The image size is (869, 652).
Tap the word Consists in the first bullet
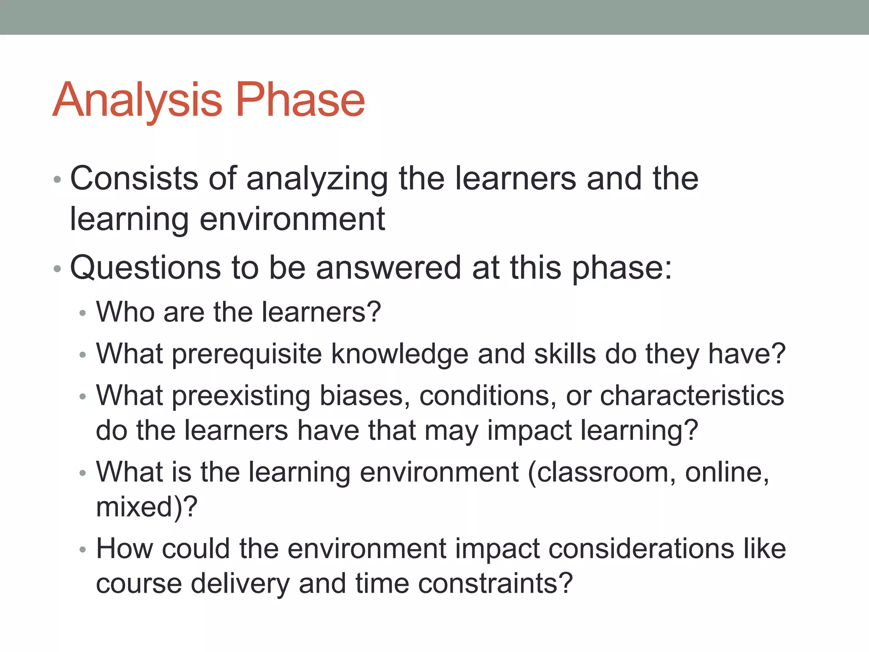[134, 178]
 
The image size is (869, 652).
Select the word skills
[564, 354]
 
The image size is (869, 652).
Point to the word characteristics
[692, 396]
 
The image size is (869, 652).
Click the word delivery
[240, 584]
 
